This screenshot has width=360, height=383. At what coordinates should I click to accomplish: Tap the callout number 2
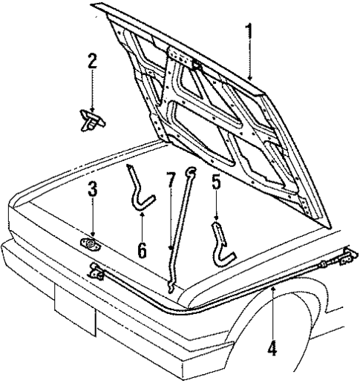click(92, 61)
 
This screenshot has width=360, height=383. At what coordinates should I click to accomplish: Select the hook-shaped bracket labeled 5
click(222, 245)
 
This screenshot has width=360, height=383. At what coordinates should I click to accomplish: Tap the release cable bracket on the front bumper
click(95, 274)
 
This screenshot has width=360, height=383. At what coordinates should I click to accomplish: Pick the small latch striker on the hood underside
click(197, 66)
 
